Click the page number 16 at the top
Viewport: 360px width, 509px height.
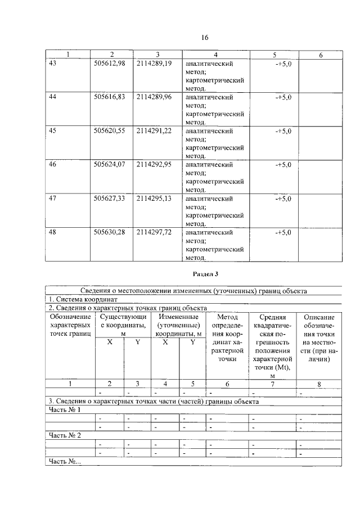(205, 38)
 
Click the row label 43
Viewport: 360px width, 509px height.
(53, 64)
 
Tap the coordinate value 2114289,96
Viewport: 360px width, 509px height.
(154, 97)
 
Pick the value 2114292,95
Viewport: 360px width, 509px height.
(154, 164)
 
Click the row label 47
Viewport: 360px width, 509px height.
(53, 198)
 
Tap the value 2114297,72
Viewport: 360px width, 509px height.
(154, 232)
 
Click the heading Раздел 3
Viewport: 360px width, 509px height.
(205, 274)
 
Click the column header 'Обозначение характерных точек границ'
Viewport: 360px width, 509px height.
(70, 326)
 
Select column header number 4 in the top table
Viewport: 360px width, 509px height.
(215, 55)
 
